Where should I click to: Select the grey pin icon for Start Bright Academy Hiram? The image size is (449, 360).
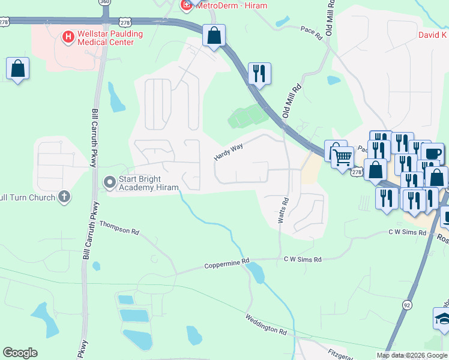109,181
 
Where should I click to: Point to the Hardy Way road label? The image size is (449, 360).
228,151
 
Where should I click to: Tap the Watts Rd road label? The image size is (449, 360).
283,212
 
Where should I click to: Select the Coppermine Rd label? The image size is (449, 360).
226,263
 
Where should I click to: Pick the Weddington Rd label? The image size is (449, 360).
266,324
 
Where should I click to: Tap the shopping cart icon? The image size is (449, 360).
343,158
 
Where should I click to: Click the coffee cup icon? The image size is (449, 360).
432,154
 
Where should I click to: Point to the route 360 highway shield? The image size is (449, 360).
105,2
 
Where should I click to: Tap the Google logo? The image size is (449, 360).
20,353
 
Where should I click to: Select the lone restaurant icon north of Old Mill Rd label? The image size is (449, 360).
259,74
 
